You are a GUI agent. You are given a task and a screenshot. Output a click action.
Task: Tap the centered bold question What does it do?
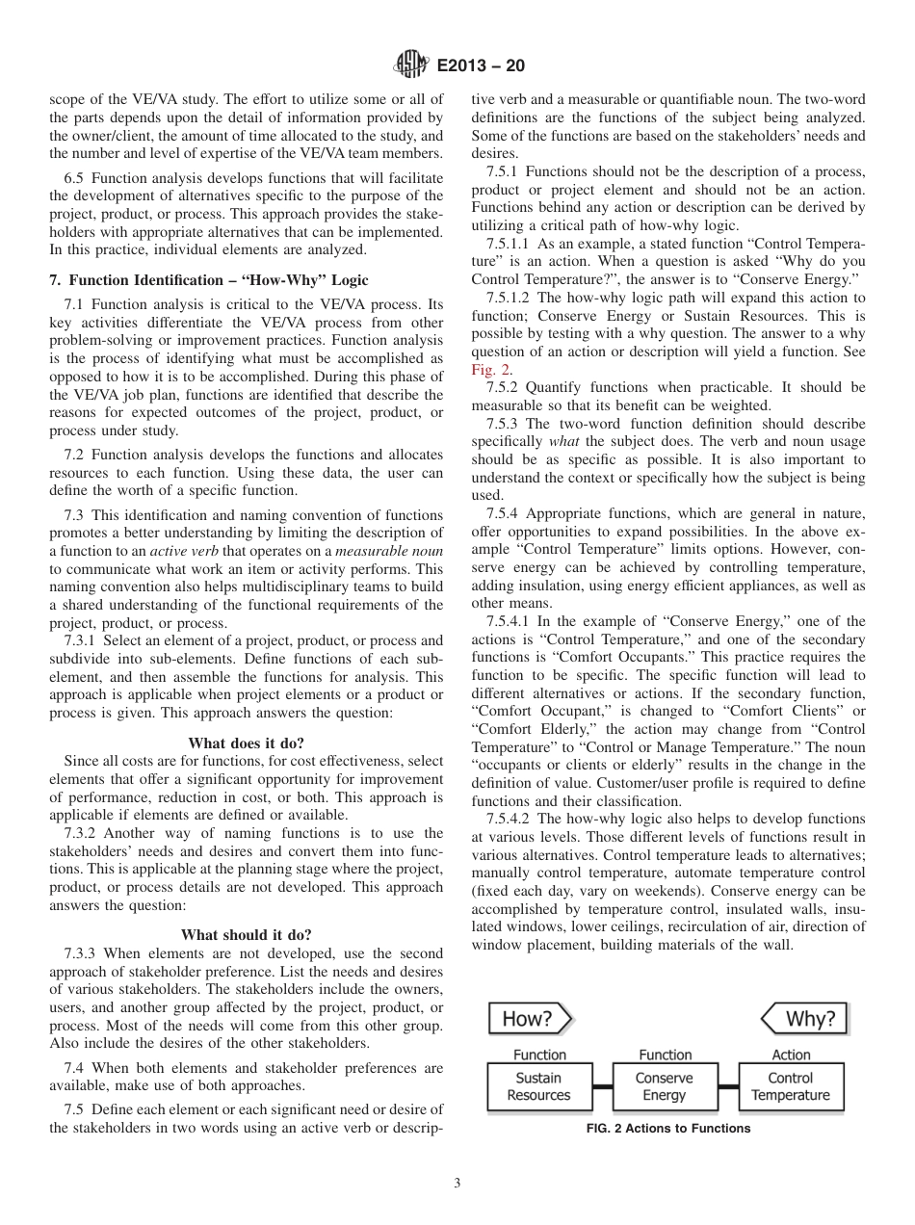pos(246,743)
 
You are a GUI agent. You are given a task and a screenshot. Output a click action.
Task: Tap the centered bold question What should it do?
pos(246,934)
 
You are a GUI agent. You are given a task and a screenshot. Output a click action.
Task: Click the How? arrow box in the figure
pos(529,1018)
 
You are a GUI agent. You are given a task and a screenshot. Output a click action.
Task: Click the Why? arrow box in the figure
pos(803,1018)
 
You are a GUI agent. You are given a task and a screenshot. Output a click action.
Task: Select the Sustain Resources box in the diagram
pos(538,1087)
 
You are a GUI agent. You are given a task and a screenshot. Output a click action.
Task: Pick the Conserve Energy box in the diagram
pos(665,1087)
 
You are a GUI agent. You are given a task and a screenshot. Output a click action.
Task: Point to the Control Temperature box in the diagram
pos(791,1087)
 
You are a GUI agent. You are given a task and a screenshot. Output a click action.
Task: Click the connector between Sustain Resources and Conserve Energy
pos(602,1087)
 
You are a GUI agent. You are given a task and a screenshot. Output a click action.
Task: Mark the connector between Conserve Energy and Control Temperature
pos(728,1087)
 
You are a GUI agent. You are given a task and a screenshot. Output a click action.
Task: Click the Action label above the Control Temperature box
pos(791,1055)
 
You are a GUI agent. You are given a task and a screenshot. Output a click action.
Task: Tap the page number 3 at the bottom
pos(457,1184)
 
